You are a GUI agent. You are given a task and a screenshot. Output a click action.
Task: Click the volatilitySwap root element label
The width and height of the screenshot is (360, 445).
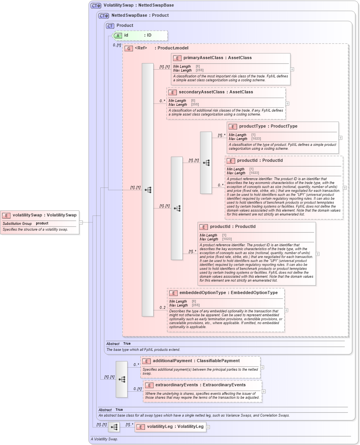pyautogui.click(x=44, y=215)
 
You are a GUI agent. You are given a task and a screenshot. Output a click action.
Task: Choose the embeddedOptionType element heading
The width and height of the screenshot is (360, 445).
pyautogui.click(x=229, y=293)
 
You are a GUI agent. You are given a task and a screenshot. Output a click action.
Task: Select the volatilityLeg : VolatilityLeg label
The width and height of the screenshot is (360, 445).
pyautogui.click(x=175, y=427)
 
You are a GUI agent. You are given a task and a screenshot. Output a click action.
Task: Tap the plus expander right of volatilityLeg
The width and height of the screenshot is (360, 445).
pyautogui.click(x=208, y=427)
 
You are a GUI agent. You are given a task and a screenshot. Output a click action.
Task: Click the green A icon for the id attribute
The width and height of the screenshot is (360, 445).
pyautogui.click(x=117, y=35)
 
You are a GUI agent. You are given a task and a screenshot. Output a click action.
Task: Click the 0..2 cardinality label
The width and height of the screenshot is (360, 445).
pyautogui.click(x=163, y=308)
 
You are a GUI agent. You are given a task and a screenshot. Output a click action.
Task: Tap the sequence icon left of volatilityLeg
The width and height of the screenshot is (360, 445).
pyautogui.click(x=114, y=427)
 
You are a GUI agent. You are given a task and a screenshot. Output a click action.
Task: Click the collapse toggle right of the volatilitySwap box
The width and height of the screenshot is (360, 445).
pyautogui.click(x=81, y=222)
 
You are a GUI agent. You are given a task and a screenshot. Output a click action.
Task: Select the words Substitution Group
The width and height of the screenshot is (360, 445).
pyautogui.click(x=17, y=224)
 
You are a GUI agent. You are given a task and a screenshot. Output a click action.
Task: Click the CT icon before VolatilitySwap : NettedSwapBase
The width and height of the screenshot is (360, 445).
pyautogui.click(x=96, y=6)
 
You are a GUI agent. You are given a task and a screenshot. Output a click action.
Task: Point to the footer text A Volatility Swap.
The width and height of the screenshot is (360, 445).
pyautogui.click(x=105, y=439)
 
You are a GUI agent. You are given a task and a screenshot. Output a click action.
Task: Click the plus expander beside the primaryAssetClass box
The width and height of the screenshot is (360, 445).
pyautogui.click(x=292, y=69)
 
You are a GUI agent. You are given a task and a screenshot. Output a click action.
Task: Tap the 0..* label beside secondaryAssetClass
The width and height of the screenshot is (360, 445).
pyautogui.click(x=162, y=101)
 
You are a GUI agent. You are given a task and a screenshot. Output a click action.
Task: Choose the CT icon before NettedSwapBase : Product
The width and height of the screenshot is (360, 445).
pyautogui.click(x=103, y=16)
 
